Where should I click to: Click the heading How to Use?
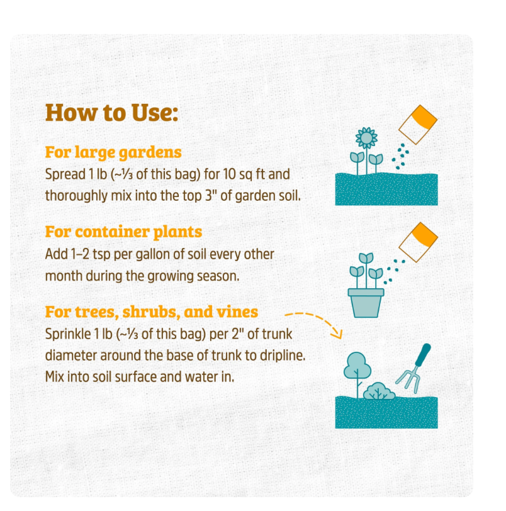click(x=112, y=113)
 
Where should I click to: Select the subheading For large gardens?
click(x=113, y=152)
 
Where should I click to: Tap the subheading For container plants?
click(x=123, y=232)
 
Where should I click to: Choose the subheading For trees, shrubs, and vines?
click(x=152, y=312)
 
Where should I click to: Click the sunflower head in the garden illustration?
click(x=366, y=138)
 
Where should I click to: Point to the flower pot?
click(x=366, y=303)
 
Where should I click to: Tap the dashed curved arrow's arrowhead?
click(x=337, y=334)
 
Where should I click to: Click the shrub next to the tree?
click(x=379, y=391)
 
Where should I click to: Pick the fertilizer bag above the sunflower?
click(x=418, y=125)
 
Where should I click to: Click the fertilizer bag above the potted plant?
click(x=419, y=242)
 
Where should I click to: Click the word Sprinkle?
click(x=68, y=334)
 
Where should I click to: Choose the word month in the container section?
click(x=64, y=276)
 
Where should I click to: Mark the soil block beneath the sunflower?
click(x=386, y=189)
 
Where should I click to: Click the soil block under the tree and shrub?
click(x=386, y=412)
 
